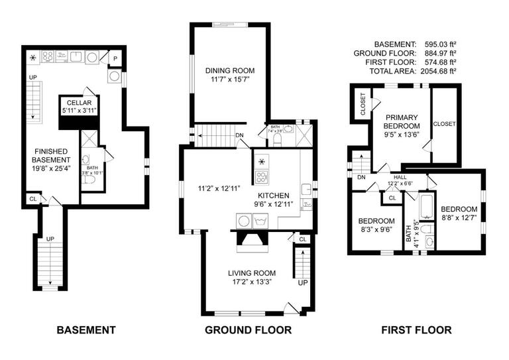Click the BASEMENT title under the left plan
[86, 330]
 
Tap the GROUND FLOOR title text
[249, 330]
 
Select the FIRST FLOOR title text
[417, 330]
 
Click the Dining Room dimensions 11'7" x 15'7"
[230, 80]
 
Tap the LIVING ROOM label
[251, 273]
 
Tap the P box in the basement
[115, 58]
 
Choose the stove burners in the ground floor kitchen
[262, 177]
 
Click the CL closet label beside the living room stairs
[303, 239]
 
